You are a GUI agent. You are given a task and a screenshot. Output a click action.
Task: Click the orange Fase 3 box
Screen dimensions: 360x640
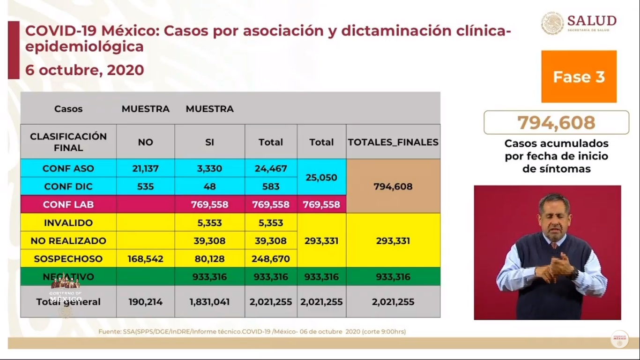tap(579, 76)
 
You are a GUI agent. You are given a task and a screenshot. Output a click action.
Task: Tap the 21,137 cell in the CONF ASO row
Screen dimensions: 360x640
tap(145, 168)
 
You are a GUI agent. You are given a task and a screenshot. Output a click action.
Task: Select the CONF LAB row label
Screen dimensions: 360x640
tap(68, 204)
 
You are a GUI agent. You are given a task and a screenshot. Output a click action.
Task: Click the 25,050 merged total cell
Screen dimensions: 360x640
tap(321, 178)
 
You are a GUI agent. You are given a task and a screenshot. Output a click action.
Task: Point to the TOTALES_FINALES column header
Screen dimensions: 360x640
tap(393, 142)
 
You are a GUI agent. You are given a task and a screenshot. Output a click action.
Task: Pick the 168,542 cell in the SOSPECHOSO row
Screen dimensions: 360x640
tap(145, 258)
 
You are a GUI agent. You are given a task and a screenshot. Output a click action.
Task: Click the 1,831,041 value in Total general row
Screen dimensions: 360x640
tap(209, 302)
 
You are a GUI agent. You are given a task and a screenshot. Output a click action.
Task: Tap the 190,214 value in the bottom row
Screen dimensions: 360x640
tap(145, 302)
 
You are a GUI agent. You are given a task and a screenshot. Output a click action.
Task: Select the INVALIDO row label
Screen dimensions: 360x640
tap(68, 223)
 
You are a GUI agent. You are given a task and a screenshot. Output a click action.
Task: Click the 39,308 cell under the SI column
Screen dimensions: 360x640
tap(209, 240)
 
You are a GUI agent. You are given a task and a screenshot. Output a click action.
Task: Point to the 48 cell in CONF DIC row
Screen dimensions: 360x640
tap(209, 186)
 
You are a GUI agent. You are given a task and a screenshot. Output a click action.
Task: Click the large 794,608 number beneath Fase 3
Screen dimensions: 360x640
tap(556, 123)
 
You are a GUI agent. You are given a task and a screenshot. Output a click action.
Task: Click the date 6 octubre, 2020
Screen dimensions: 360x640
tap(84, 70)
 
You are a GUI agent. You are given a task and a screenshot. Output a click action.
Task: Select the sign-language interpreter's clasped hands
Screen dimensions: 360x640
tap(560, 265)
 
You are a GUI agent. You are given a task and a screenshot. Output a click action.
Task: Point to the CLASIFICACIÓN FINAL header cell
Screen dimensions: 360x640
tap(68, 142)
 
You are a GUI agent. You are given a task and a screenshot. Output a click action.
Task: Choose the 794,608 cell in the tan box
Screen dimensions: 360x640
tap(393, 186)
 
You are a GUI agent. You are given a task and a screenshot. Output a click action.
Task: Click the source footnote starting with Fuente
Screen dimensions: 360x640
tap(252, 331)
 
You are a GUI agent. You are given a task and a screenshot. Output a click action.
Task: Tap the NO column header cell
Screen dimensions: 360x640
tap(145, 142)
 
